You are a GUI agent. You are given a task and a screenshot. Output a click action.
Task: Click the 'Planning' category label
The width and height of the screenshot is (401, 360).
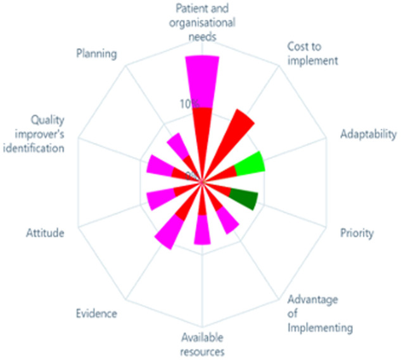(96, 53)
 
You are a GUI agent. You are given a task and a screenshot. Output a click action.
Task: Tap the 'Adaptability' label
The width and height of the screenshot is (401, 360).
(367, 134)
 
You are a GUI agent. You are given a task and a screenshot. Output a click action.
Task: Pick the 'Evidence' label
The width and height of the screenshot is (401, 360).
(95, 313)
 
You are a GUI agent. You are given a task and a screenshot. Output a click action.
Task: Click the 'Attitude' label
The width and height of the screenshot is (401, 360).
(45, 233)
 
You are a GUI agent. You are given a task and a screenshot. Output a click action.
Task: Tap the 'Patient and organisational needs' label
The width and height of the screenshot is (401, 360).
(203, 22)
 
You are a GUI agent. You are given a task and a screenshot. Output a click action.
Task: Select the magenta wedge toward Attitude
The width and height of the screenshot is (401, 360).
(157, 199)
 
